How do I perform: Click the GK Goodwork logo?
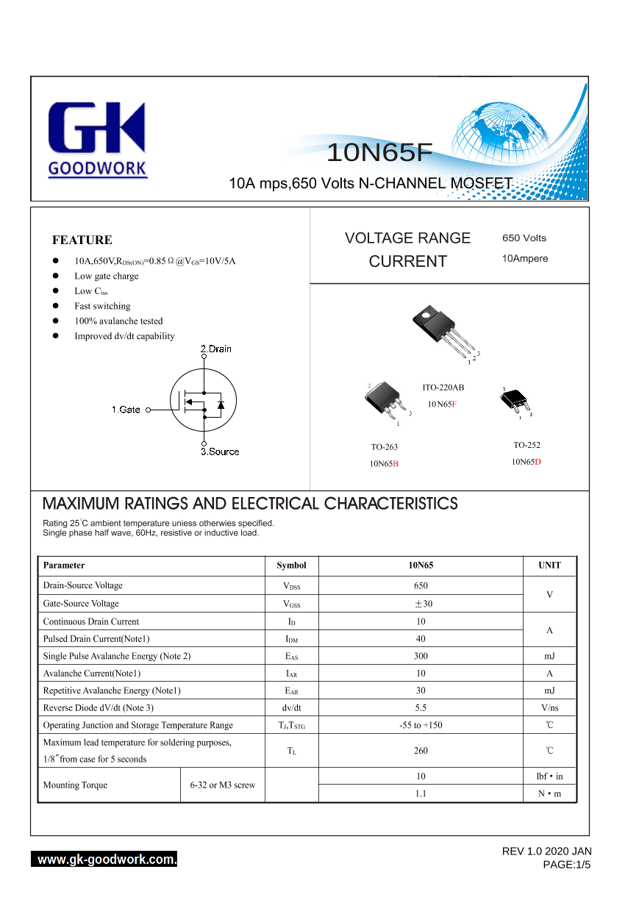tap(97, 140)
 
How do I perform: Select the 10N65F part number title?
tap(379, 152)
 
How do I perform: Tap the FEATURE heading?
tap(82, 240)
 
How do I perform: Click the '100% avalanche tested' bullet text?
tap(118, 321)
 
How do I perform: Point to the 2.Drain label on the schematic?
tap(216, 349)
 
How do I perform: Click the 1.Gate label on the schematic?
tap(126, 410)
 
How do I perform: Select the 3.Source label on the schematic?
tap(220, 451)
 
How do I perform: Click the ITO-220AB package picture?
tap(443, 332)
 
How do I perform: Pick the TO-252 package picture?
tap(515, 401)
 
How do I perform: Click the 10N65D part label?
tap(526, 462)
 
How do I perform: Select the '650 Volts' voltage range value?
tap(524, 238)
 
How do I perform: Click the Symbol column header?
tap(291, 565)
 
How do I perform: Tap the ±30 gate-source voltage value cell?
tap(421, 604)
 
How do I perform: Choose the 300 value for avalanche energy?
tap(421, 656)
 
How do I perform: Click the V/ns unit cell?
tap(549, 707)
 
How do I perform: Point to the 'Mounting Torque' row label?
tap(75, 785)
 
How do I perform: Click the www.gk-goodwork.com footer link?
tap(104, 860)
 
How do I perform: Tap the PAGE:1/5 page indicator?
tap(566, 865)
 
